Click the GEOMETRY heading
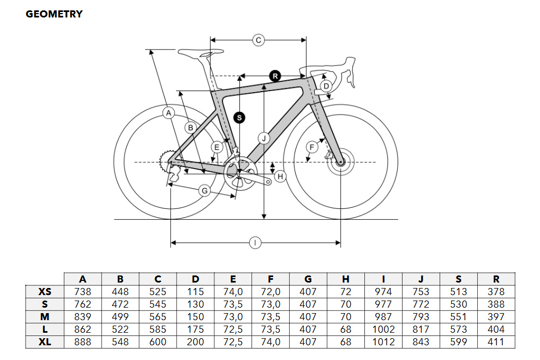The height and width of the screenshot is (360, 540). pyautogui.click(x=54, y=14)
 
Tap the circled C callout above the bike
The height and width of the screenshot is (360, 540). pyautogui.click(x=259, y=40)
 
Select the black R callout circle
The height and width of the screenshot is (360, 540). pyautogui.click(x=275, y=76)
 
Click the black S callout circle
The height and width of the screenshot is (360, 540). pyautogui.click(x=239, y=118)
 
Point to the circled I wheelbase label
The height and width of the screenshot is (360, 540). pyautogui.click(x=255, y=243)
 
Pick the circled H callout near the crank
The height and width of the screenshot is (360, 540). pyautogui.click(x=280, y=177)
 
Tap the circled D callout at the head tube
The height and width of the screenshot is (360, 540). pyautogui.click(x=326, y=86)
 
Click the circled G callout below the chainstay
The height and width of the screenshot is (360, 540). pyautogui.click(x=205, y=190)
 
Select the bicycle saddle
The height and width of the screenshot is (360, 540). pyautogui.click(x=201, y=53)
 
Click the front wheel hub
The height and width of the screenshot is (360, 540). pyautogui.click(x=340, y=162)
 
